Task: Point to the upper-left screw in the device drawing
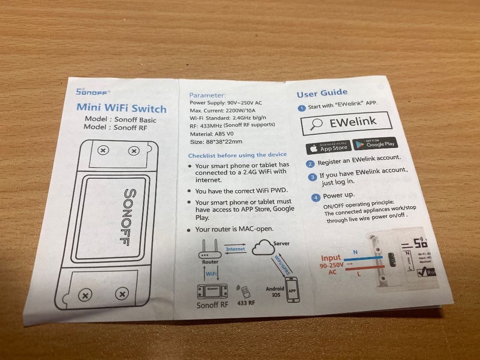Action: tap(103, 150)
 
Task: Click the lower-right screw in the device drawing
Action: tap(122, 294)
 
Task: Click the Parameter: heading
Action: tap(207, 95)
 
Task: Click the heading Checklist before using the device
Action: tap(237, 155)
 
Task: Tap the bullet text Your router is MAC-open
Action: tap(234, 229)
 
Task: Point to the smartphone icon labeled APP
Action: tap(292, 290)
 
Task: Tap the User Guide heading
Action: tap(322, 93)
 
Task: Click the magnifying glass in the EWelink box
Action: tap(316, 125)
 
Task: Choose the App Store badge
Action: tap(328, 147)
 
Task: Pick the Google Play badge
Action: tap(375, 143)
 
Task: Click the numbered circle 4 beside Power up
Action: tap(316, 197)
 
